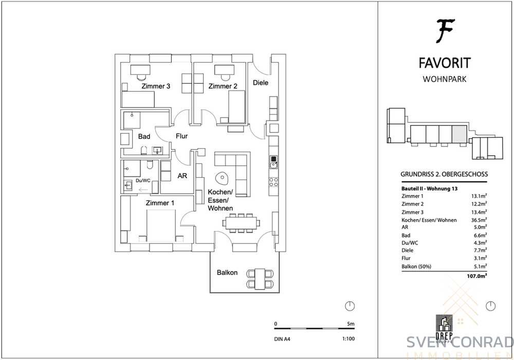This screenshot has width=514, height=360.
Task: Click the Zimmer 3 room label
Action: [156, 86]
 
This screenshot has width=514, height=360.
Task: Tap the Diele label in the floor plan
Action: [261, 83]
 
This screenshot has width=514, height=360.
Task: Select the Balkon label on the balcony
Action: [227, 273]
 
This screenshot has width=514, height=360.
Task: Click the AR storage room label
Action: [182, 176]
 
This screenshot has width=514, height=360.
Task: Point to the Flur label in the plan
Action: [181, 136]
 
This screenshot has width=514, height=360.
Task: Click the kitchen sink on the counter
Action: [274, 162]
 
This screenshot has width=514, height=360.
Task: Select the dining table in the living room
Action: [241, 223]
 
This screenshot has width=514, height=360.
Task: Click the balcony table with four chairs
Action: [260, 279]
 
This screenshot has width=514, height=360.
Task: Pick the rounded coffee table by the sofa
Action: [222, 178]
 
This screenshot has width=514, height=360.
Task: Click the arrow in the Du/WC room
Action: [143, 190]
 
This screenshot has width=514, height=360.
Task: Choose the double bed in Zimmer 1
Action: [161, 226]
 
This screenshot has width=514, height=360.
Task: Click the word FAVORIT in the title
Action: [445, 63]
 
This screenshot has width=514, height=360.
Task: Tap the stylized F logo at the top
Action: [445, 31]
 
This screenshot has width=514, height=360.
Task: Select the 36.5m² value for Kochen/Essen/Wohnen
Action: [479, 220]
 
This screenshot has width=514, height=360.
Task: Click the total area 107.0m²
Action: [477, 276]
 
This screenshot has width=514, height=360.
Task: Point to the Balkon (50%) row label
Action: [416, 267]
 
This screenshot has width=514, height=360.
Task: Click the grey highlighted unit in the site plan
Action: [459, 134]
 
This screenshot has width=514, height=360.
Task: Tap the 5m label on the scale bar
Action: [351, 324]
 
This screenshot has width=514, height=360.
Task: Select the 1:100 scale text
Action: [348, 339]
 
